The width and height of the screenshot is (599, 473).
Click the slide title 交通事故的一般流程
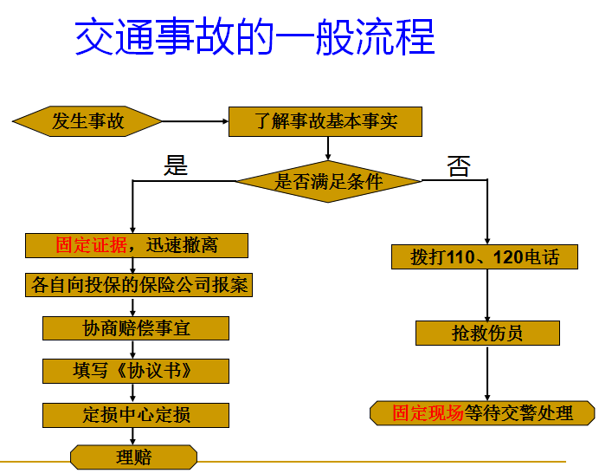click(x=254, y=36)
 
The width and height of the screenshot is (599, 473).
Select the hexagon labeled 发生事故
click(x=87, y=121)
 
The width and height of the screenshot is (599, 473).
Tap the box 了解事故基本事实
click(x=325, y=121)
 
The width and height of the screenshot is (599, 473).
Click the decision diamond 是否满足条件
click(x=328, y=181)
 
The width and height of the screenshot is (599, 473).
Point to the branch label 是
click(x=176, y=165)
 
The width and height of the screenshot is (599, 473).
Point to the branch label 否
click(x=459, y=166)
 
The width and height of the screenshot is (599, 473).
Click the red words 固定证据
click(x=91, y=245)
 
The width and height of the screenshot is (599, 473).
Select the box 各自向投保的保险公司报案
click(x=139, y=285)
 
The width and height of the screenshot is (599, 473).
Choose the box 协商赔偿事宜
click(x=136, y=328)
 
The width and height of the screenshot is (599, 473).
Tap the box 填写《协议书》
click(x=136, y=371)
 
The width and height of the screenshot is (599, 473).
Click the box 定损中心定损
click(x=136, y=415)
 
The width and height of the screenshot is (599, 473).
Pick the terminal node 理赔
click(x=133, y=457)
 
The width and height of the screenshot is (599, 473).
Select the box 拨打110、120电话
click(x=485, y=257)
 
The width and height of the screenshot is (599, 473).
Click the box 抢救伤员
click(x=487, y=333)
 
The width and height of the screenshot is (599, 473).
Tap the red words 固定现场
click(x=428, y=413)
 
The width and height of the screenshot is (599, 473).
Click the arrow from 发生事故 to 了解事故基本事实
click(x=196, y=121)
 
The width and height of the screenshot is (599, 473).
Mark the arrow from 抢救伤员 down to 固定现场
click(x=487, y=373)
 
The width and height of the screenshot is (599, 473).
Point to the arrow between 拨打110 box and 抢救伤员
click(x=487, y=295)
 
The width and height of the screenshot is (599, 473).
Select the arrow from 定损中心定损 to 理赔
click(x=132, y=436)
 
